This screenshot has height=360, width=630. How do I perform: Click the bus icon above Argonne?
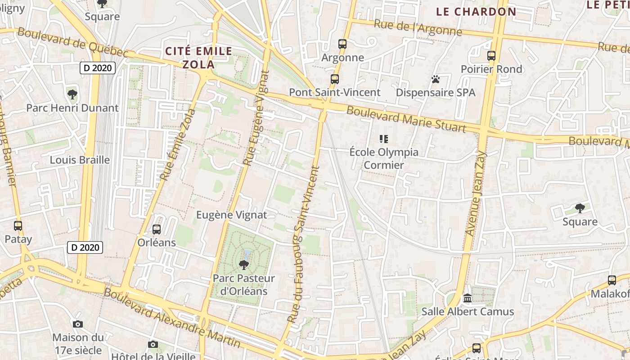click(x=342, y=44)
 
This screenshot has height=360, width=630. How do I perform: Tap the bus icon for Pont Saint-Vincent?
click(x=334, y=79)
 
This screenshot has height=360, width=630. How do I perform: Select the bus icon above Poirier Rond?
click(x=491, y=56)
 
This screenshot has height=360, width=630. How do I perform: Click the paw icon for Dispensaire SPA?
click(x=435, y=79)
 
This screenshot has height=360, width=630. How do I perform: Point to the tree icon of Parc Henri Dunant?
click(x=72, y=94)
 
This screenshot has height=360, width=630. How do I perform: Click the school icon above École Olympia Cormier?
click(x=384, y=139)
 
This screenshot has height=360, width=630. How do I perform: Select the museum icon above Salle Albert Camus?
click(x=468, y=298)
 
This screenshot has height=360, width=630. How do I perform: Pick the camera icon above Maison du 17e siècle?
click(x=78, y=324)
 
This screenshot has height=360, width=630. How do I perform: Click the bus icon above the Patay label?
click(x=18, y=226)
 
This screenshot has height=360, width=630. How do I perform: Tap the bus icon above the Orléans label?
click(x=157, y=229)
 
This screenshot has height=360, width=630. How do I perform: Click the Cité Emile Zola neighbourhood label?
click(x=198, y=57)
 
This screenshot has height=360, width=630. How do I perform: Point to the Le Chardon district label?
click(x=476, y=12)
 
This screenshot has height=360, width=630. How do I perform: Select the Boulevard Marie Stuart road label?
click(x=406, y=120)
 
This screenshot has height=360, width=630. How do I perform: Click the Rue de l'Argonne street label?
click(x=418, y=27)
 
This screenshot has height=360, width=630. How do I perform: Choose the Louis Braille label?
click(x=80, y=160)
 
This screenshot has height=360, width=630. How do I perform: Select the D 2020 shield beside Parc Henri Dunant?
click(x=98, y=68)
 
